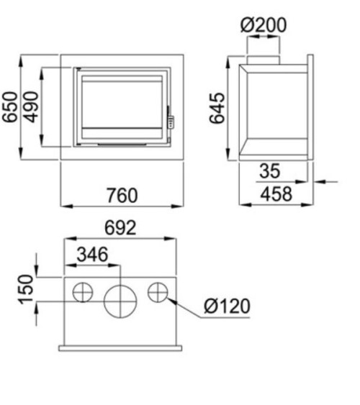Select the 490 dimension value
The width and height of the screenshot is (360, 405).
[x=31, y=107]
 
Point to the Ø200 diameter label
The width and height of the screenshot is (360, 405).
[x=264, y=25]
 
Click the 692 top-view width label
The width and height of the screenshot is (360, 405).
[x=120, y=229]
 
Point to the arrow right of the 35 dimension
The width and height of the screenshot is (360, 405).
[x=328, y=181]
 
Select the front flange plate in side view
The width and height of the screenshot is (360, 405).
[x=310, y=107]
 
